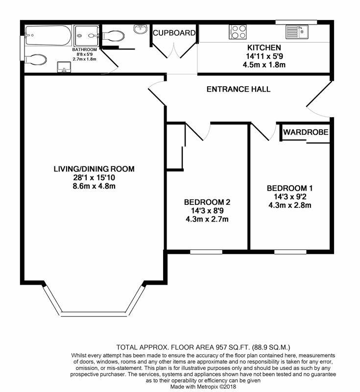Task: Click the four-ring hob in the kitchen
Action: (238, 32)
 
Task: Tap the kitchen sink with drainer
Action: (297, 32)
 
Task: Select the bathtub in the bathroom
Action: (48, 35)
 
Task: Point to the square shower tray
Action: (86, 36)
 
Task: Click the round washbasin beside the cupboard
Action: (141, 29)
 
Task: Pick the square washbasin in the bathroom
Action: (64, 67)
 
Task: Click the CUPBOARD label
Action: (174, 33)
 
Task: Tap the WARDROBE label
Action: (306, 132)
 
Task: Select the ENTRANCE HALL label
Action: (239, 89)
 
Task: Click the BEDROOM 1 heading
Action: (290, 188)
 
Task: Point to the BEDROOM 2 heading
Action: (207, 202)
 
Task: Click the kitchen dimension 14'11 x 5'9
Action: (264, 56)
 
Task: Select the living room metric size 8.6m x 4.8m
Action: (94, 186)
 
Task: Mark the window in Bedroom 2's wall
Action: (206, 252)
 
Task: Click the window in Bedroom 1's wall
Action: (290, 252)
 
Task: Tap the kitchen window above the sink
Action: (296, 22)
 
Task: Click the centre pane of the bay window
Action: (94, 314)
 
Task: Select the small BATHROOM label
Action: (84, 49)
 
